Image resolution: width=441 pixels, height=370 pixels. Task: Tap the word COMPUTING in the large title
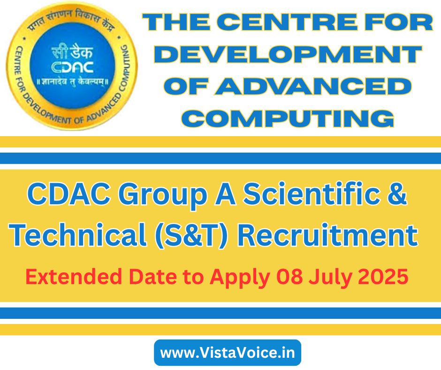pos(289,118)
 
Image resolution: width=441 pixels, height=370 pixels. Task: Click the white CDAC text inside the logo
pos(73,68)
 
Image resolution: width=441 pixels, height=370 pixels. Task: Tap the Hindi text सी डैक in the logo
pos(72,53)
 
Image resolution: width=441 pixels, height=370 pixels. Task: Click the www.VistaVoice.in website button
pos(228,353)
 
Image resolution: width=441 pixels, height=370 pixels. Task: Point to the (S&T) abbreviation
pos(191,236)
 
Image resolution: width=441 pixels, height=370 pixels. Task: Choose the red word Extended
pos(74,277)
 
